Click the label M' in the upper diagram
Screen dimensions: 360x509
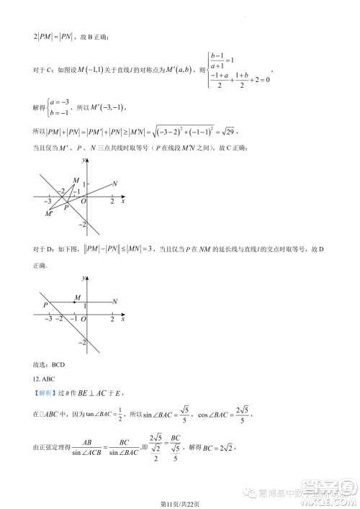[49, 214]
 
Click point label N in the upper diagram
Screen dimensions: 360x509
[115, 184]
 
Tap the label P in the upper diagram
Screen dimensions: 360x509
[66, 207]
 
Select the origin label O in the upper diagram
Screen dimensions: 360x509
[84, 202]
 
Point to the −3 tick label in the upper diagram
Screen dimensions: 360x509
[47, 202]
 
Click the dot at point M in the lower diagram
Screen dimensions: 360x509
[73, 302]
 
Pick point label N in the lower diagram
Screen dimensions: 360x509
[115, 302]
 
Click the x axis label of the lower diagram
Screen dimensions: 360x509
[123, 317]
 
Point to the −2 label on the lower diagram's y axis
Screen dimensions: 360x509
[81, 341]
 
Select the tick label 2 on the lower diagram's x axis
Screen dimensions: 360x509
[112, 318]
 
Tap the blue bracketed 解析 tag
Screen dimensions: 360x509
[45, 395]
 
